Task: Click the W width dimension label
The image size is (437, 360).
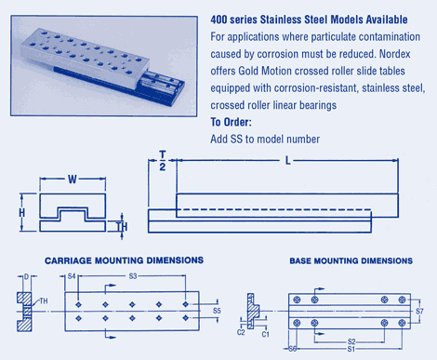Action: click(x=73, y=179)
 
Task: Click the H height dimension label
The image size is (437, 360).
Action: click(x=21, y=213)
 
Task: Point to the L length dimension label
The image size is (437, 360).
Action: click(x=288, y=160)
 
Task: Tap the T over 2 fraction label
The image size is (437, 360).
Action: click(x=163, y=161)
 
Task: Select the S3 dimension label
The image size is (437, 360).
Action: click(x=133, y=275)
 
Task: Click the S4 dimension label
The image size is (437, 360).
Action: click(x=72, y=275)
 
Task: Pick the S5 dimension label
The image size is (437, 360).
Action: click(x=217, y=311)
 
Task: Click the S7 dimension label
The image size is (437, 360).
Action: click(x=419, y=311)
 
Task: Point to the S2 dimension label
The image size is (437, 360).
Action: click(x=351, y=341)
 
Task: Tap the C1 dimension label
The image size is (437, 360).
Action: click(x=266, y=334)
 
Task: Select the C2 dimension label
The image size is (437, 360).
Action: click(x=241, y=332)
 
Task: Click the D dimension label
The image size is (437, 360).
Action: click(x=26, y=276)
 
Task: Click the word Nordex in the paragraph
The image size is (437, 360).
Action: click(x=394, y=54)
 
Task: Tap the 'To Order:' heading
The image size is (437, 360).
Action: click(x=231, y=122)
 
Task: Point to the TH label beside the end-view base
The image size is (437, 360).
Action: click(x=122, y=227)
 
